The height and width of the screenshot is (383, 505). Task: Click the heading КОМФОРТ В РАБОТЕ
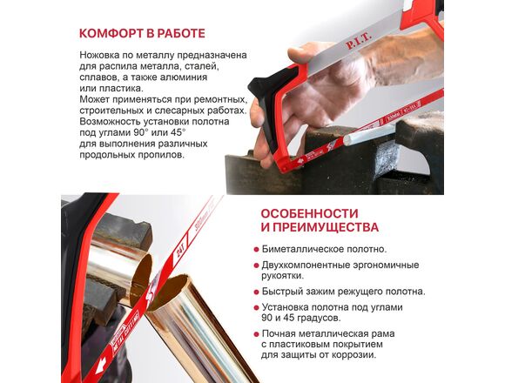142,33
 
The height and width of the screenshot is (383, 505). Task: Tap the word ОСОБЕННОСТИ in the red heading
309,213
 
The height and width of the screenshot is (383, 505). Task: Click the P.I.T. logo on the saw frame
359,41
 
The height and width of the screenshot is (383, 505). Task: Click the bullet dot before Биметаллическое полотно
256,250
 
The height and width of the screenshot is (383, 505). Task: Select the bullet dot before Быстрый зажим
256,292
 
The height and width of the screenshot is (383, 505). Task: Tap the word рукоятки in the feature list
282,276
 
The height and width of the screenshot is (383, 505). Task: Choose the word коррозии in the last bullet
356,355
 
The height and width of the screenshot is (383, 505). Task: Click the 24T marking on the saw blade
181,252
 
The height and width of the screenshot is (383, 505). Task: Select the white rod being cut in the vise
369,134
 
